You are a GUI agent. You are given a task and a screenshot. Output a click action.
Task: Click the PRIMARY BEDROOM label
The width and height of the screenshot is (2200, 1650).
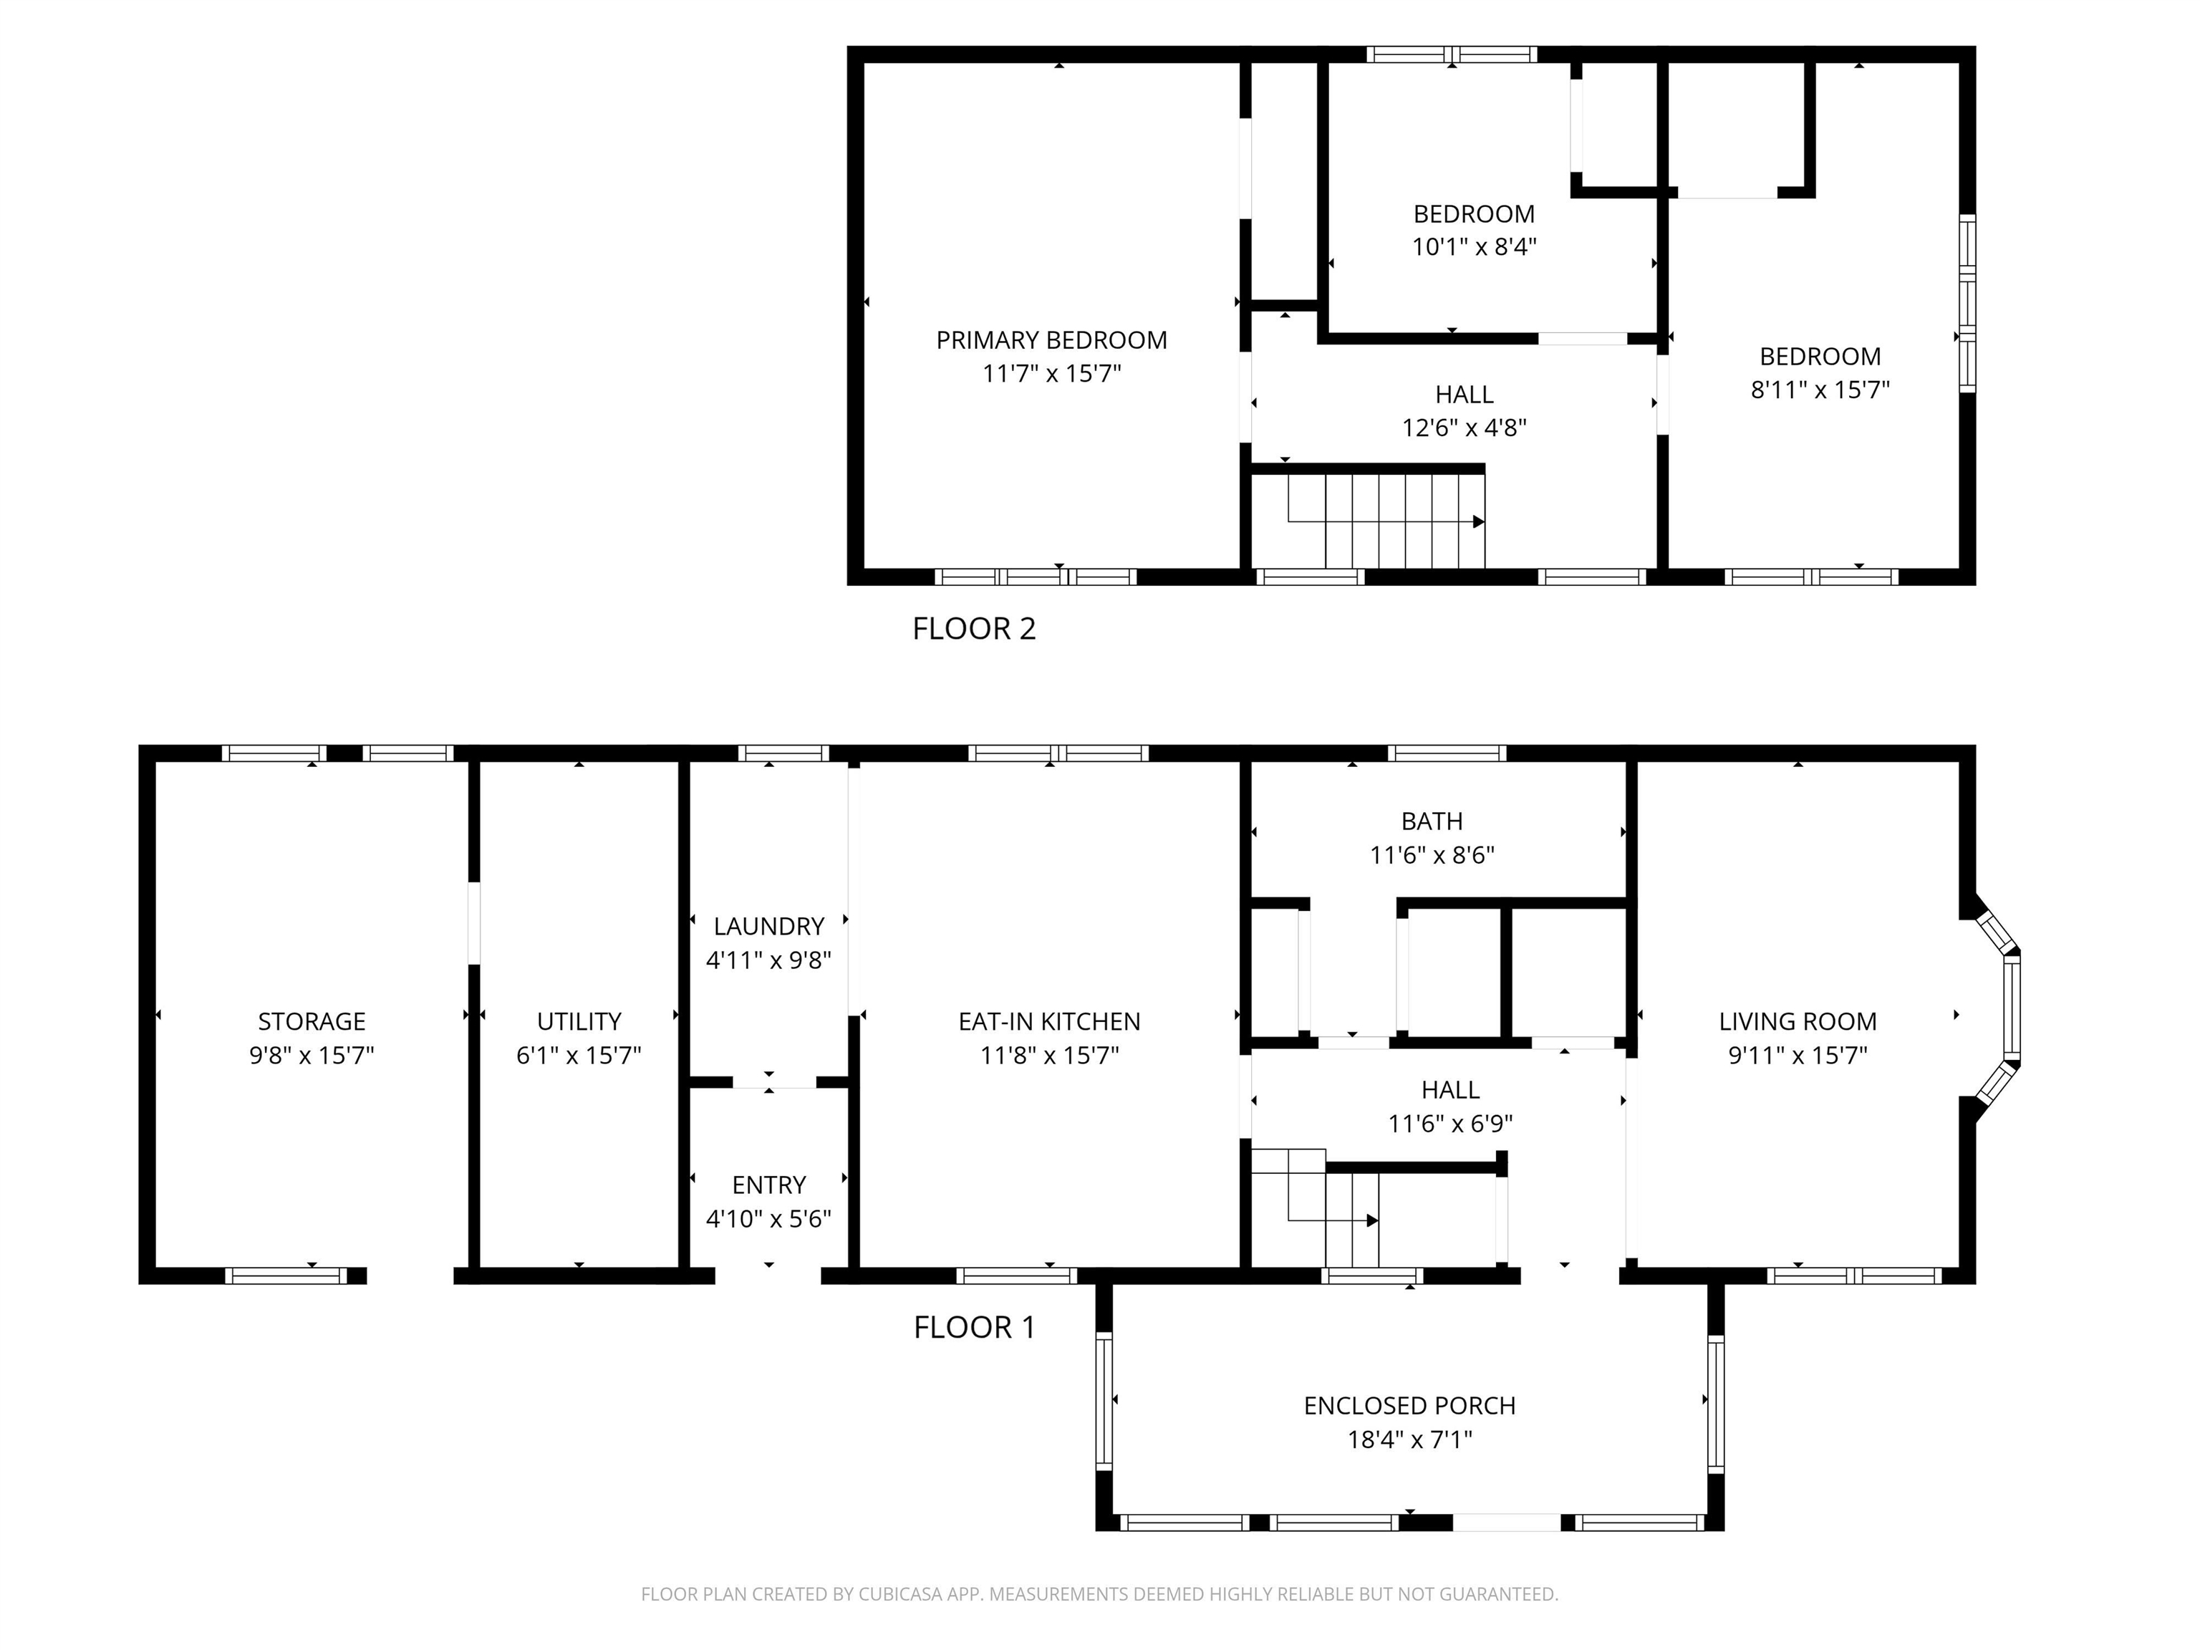[x=1051, y=340]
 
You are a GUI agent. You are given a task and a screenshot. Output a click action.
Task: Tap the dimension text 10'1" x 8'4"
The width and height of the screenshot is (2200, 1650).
[x=1474, y=246]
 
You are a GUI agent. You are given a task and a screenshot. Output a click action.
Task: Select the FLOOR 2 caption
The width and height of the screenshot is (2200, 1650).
[x=974, y=629]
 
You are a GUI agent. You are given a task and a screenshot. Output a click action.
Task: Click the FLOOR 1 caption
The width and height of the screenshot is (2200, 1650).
[x=974, y=1327]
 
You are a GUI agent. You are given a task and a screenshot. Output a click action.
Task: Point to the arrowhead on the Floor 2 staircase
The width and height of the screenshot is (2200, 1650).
[x=1479, y=522]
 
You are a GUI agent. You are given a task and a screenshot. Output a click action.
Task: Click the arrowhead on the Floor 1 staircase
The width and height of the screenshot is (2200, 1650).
[x=1373, y=1220]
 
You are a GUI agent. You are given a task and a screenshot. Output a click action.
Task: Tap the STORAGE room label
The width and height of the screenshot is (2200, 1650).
[x=312, y=1021]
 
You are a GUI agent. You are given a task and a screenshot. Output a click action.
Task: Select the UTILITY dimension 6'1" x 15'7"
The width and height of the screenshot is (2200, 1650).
[x=578, y=1056]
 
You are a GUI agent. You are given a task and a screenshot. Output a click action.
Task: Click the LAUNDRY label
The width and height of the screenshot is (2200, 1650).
[x=769, y=926]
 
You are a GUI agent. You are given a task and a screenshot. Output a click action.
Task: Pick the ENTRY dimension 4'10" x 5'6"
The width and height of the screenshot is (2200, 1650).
[x=769, y=1218]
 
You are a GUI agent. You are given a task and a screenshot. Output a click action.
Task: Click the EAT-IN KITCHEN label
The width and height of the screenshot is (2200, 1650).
[x=1049, y=1021]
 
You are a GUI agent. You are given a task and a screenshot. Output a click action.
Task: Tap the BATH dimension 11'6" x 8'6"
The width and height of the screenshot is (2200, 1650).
[x=1432, y=855]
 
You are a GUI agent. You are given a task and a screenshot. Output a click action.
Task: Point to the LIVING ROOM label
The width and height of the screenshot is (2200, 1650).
[x=1798, y=1021]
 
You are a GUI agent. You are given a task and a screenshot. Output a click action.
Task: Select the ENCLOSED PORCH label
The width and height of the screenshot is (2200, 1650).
[x=1409, y=1405]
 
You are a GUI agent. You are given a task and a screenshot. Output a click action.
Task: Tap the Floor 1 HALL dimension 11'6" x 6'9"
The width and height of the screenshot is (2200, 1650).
[x=1450, y=1124]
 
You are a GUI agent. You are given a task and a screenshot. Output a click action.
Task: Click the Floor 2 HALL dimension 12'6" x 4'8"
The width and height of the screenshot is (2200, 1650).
[x=1464, y=428]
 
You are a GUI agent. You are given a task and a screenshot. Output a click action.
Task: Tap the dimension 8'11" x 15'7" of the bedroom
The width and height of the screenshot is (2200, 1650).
[x=1819, y=390]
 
